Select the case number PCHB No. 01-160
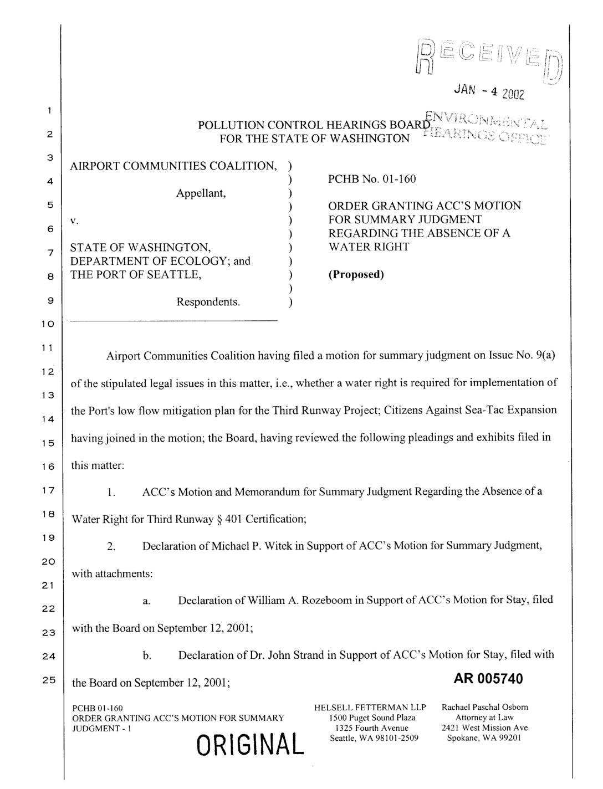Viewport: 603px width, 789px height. click(x=372, y=178)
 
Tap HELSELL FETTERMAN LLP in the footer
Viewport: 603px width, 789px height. click(x=370, y=708)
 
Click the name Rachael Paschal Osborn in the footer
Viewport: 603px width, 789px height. click(x=485, y=708)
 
